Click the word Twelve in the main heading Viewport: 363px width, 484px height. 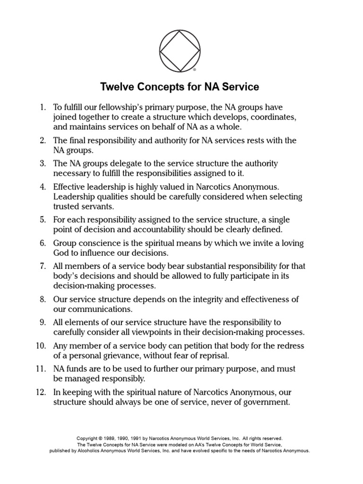tap(116, 87)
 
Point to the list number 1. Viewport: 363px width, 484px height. tap(42, 108)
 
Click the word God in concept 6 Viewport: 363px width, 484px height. tap(61, 252)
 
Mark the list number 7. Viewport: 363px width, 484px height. tap(42, 266)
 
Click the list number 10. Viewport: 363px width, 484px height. tap(40, 346)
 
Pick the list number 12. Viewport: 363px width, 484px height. tap(40, 392)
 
